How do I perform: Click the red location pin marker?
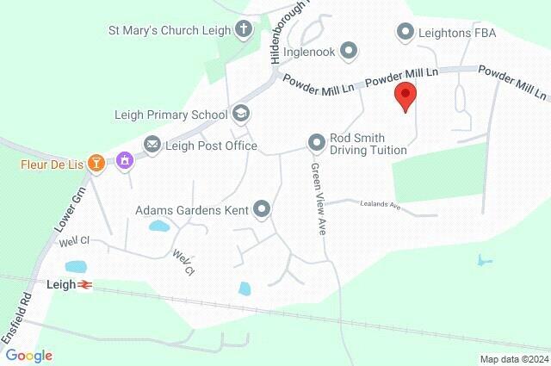click(405, 96)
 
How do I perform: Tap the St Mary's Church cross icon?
click(244, 30)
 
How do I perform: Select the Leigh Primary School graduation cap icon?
click(241, 114)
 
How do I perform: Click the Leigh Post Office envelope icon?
click(152, 145)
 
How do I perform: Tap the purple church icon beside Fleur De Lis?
click(126, 160)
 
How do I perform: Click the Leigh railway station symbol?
click(84, 284)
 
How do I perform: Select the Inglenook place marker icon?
click(349, 51)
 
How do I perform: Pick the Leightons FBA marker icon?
click(405, 33)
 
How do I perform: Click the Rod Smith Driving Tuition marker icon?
click(317, 140)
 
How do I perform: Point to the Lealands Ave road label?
click(381, 206)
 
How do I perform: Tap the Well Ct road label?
click(183, 262)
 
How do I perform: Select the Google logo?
click(28, 356)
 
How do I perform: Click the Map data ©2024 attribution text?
click(513, 359)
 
